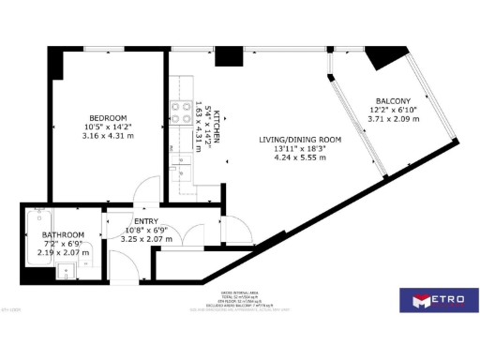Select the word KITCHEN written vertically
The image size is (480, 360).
[x=217, y=126]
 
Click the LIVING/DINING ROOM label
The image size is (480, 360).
[x=300, y=141]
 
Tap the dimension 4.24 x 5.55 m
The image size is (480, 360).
[x=301, y=158]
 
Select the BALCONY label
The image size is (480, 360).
[x=393, y=101]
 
